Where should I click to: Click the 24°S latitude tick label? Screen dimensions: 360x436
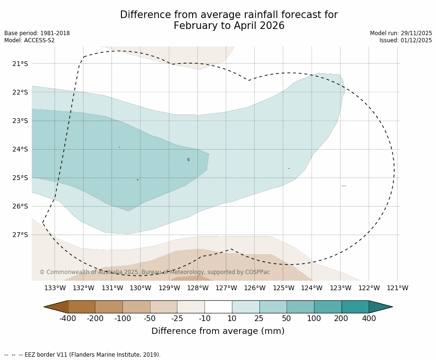pos(20,149)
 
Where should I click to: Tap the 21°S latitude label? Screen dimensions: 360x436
pos(20,64)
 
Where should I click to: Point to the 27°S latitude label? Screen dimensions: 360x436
pos(20,235)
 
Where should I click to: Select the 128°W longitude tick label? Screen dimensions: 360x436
pos(197,288)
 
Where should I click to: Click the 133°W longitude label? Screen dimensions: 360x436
pos(55,288)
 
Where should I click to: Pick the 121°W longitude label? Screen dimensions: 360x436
pos(398,288)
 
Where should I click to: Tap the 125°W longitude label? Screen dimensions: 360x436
pos(283,288)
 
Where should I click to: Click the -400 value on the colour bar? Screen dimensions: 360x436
pos(68,319)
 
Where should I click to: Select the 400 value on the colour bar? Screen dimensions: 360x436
pos(369,319)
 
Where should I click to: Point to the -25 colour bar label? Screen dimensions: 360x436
pos(177,319)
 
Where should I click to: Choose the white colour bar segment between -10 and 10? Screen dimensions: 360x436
pos(218,307)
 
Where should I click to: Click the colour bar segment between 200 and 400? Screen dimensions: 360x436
pos(355,307)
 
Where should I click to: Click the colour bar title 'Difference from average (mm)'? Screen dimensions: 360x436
pos(218,332)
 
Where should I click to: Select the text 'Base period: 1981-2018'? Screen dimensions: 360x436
pos(37,33)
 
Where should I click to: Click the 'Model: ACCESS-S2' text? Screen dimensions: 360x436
pos(29,40)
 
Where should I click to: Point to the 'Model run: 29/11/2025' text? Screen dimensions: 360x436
pos(401,33)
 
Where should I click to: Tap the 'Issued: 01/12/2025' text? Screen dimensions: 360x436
pos(406,40)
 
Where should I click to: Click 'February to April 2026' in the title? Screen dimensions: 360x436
pos(229,26)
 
